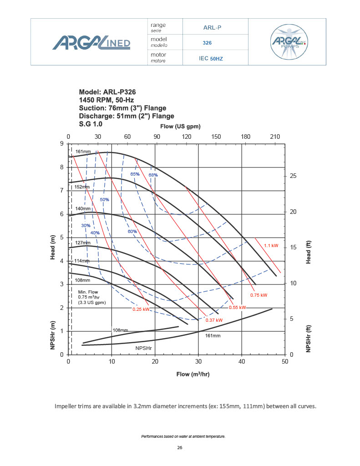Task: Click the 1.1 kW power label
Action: click(x=271, y=246)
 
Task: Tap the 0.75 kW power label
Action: click(x=259, y=295)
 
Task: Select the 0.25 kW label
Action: click(x=141, y=309)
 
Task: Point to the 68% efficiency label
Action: click(x=153, y=175)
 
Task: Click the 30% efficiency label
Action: click(x=86, y=226)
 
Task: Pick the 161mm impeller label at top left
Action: click(x=84, y=151)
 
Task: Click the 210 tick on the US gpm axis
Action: click(x=275, y=137)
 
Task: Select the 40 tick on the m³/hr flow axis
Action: click(x=242, y=362)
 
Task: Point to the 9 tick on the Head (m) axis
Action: click(x=61, y=144)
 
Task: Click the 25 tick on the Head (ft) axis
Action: click(x=294, y=176)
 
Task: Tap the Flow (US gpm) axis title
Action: click(x=181, y=126)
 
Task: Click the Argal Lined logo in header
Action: click(x=91, y=43)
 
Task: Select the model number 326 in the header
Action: click(x=208, y=43)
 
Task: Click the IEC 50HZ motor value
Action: click(x=211, y=59)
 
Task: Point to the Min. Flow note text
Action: click(x=89, y=297)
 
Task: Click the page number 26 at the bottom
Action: click(x=179, y=448)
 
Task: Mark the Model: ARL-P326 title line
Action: click(x=107, y=91)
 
